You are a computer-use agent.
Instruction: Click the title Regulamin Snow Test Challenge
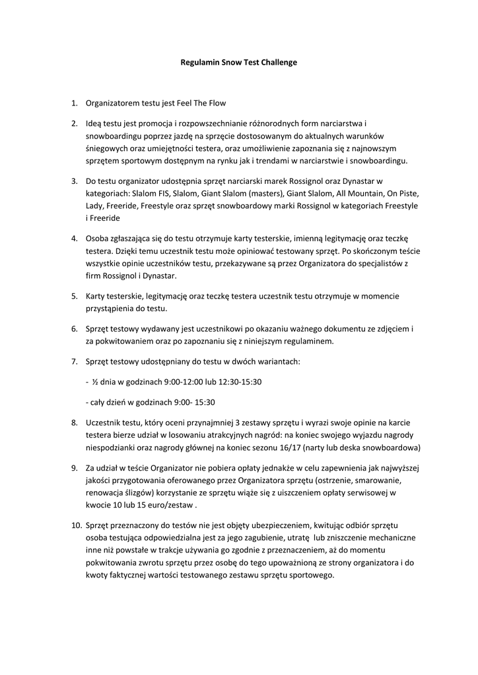[239, 63]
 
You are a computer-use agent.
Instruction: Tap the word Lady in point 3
[95, 206]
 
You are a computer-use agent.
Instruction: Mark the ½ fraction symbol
[95, 382]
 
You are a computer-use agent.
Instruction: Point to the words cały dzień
[108, 402]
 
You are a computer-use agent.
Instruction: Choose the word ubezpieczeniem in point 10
[281, 525]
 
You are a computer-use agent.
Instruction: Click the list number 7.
[75, 362]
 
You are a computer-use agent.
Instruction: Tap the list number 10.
[75, 525]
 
